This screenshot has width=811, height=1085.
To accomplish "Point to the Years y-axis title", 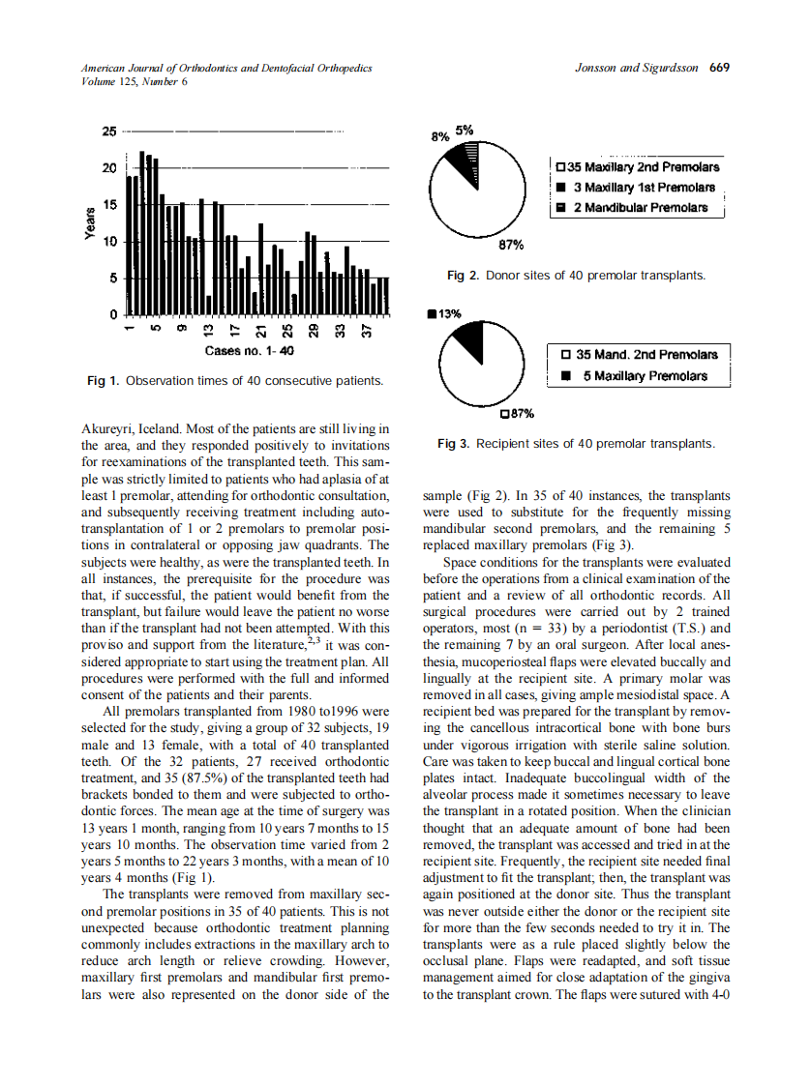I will coord(89,223).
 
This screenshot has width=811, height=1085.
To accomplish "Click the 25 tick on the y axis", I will coord(109,132).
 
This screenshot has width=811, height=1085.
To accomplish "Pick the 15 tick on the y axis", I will coord(109,205).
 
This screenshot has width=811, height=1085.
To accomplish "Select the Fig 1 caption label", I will coord(104,381).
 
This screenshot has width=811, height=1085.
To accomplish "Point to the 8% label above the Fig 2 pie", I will coord(440,136).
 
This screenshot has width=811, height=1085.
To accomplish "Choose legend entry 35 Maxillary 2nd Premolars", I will coord(635,167).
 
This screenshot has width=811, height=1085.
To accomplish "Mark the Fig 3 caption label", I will coord(454,444).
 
